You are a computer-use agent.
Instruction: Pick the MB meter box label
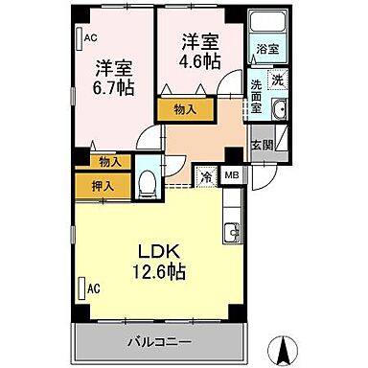tap(232, 176)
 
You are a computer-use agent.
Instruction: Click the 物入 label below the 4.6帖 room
tap(186, 110)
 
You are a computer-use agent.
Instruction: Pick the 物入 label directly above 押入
tap(109, 163)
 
